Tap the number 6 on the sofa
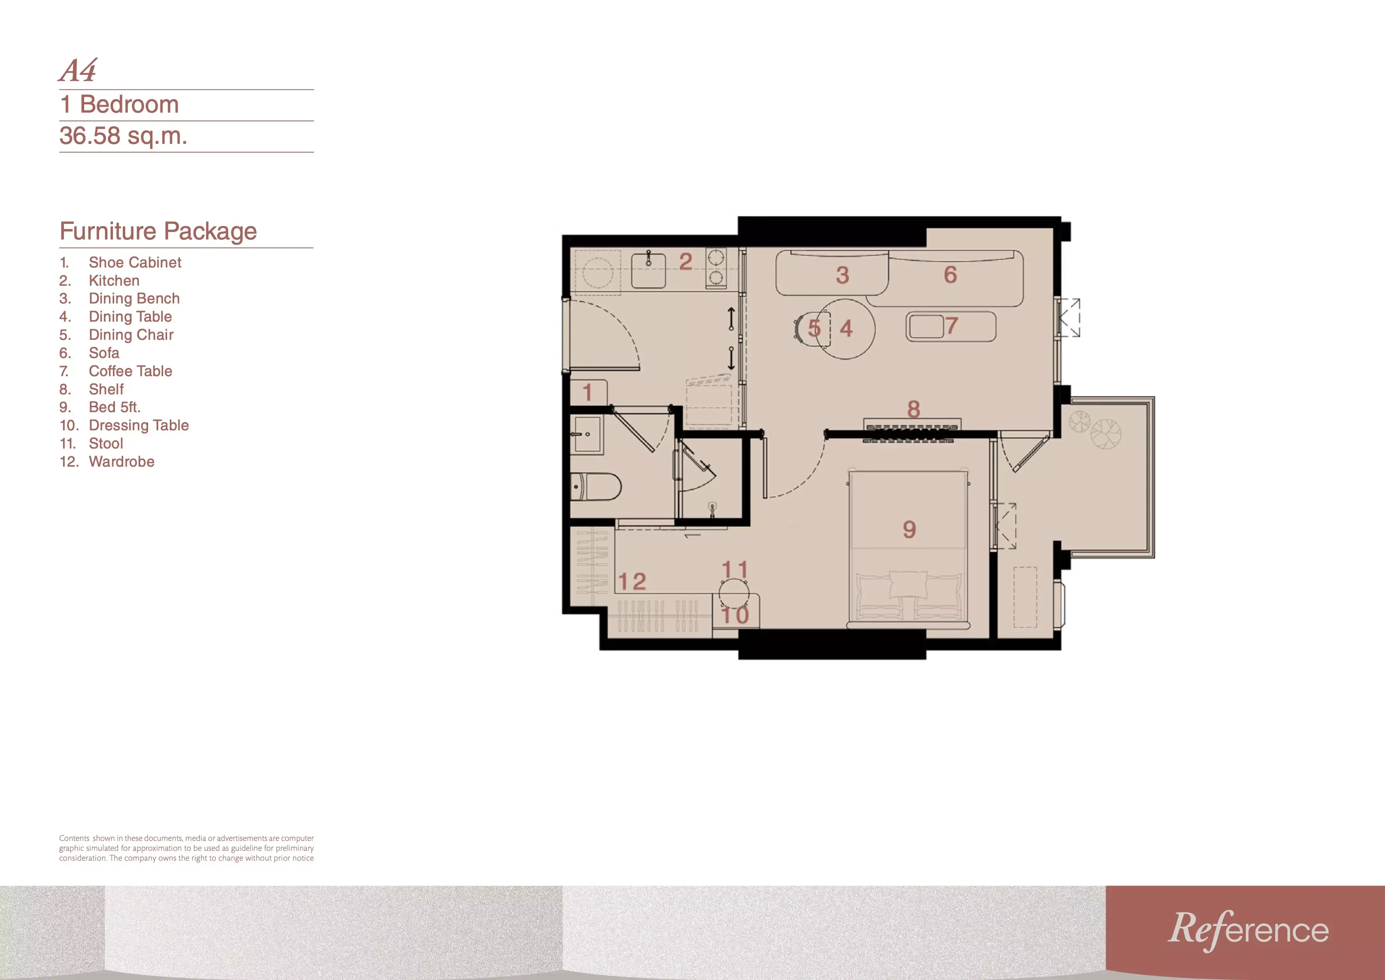pos(950,275)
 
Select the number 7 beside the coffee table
pos(952,326)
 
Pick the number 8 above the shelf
pos(914,409)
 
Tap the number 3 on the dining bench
pos(843,275)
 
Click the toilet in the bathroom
pos(596,487)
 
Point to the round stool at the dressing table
pos(734,593)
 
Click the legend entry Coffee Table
pos(130,371)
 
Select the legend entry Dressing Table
pos(139,426)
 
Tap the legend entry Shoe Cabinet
pos(135,262)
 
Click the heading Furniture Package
pos(158,231)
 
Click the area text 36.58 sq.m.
pos(123,136)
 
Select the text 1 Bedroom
pos(119,104)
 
